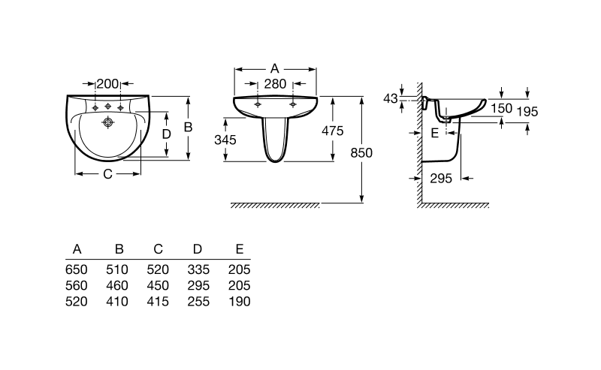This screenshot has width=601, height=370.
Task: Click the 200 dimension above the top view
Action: coord(108,83)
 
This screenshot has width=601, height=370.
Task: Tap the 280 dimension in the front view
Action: coord(275,83)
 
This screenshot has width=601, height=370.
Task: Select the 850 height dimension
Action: coord(362,152)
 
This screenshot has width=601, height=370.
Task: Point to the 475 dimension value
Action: coord(332,131)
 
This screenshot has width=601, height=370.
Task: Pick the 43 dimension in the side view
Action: coord(390,98)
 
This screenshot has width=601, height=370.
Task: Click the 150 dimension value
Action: coord(502,108)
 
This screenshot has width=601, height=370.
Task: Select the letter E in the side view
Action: coord(433,133)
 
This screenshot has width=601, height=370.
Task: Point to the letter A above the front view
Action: coord(274,68)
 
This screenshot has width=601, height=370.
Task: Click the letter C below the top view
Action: coord(107,174)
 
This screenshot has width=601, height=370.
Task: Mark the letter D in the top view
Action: coord(167,134)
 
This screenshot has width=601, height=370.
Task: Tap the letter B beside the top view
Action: coord(189,127)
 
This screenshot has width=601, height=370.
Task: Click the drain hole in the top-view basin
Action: coord(108,122)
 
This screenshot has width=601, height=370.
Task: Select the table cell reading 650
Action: coord(77,269)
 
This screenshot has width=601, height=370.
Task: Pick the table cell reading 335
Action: coord(198,269)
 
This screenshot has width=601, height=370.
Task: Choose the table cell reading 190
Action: coord(238,301)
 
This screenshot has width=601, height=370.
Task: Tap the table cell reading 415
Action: coord(158,301)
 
